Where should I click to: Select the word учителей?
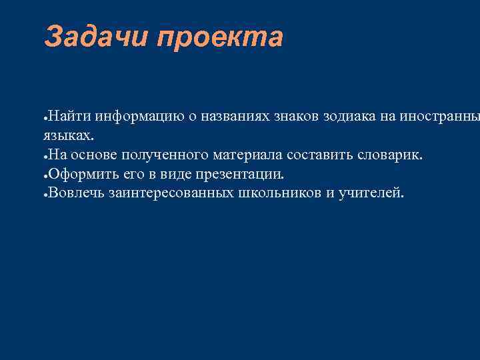371,193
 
